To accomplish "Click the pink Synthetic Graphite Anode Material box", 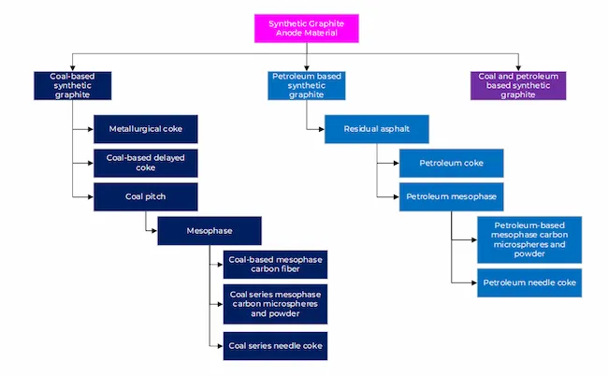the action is (x=306, y=28).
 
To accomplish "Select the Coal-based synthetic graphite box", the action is (x=73, y=86).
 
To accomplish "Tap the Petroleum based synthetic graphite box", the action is (x=306, y=86).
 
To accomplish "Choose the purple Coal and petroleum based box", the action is (x=518, y=86).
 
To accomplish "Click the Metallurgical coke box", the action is (x=146, y=129).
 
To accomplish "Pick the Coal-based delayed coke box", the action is (x=146, y=163).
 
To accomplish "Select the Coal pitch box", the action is (x=146, y=197).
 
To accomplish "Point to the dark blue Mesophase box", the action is (x=210, y=231).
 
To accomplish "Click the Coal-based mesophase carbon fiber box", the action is (x=275, y=265).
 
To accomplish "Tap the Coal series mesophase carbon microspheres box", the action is (x=275, y=304).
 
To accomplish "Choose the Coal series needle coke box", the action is (x=275, y=346).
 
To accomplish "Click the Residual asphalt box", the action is (x=377, y=129).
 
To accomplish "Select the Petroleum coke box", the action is (x=452, y=163).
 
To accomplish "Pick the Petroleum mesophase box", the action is (x=452, y=197).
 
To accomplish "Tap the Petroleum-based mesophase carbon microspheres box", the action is (x=529, y=239).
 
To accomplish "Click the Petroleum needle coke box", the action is (x=529, y=282).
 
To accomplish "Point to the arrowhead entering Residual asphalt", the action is (x=322, y=129).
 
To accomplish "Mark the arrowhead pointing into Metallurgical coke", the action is (x=91, y=129).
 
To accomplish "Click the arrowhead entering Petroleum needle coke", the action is (x=474, y=282).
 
